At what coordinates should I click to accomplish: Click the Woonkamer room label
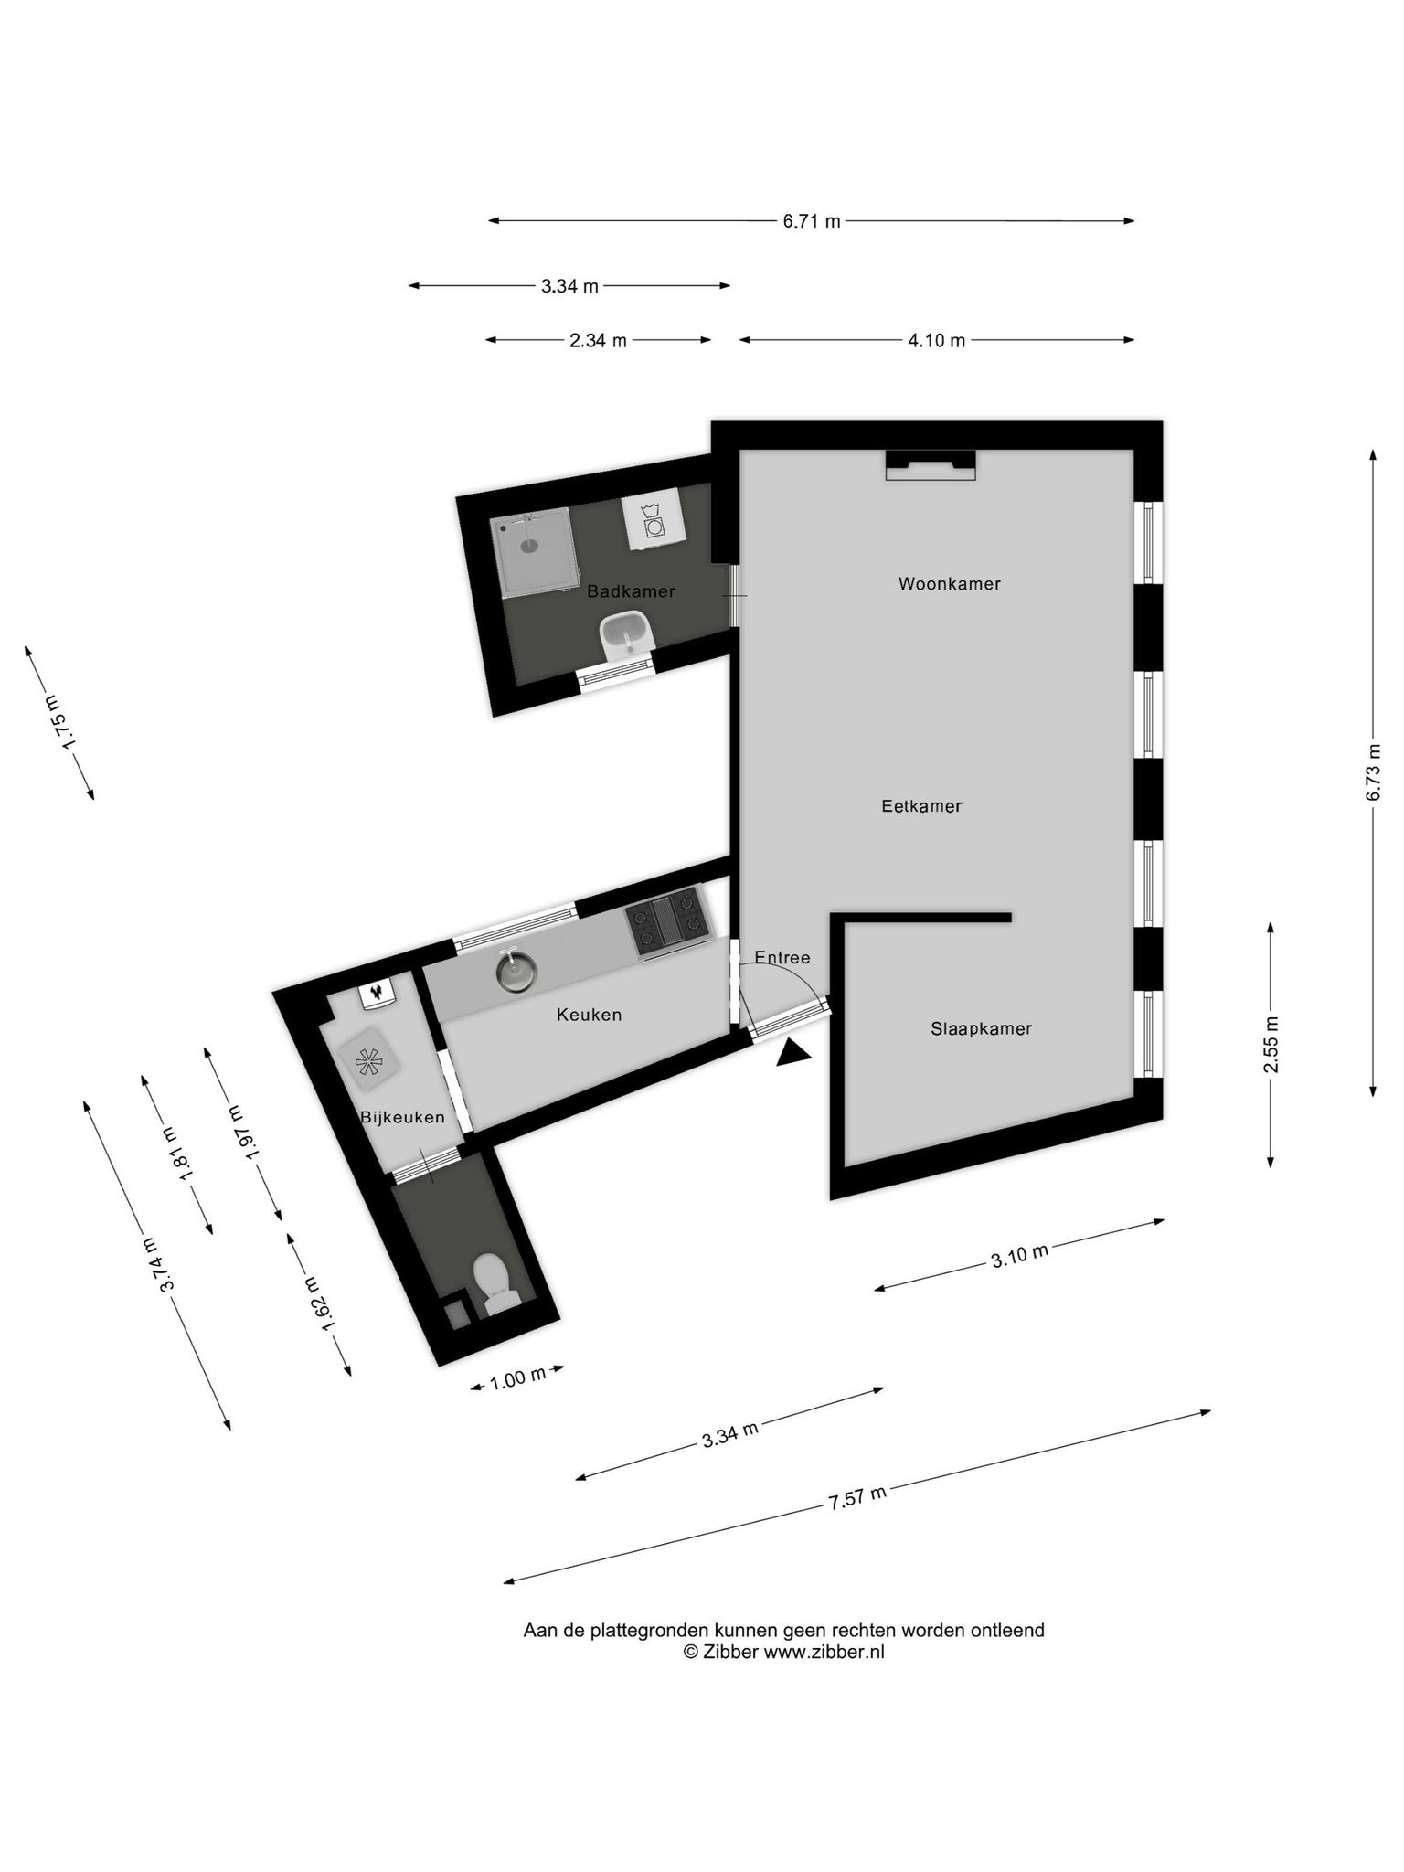click(x=949, y=583)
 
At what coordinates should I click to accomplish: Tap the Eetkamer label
click(x=921, y=806)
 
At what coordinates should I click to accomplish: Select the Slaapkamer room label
click(x=981, y=1028)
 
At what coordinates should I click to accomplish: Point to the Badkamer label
click(x=631, y=591)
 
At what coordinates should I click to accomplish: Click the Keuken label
click(x=589, y=1015)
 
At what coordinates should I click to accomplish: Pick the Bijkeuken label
click(x=402, y=1117)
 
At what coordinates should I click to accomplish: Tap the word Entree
click(x=782, y=958)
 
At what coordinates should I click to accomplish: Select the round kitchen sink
click(x=516, y=972)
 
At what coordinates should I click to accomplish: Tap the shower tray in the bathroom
click(x=536, y=552)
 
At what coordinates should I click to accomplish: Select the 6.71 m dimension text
click(x=812, y=221)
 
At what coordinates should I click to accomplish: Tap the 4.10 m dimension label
click(x=937, y=341)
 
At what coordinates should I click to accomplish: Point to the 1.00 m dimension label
click(x=517, y=1377)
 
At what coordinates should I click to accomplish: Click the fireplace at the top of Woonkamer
click(x=931, y=465)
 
